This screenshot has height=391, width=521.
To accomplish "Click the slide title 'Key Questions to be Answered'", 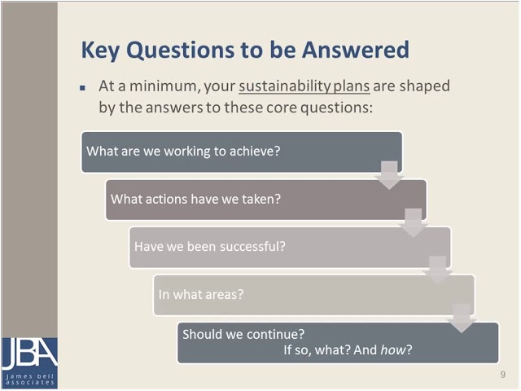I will pos(244,50).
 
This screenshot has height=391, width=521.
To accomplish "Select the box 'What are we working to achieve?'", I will pos(241,152).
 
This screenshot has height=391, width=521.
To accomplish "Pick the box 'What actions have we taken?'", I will pos(265,199).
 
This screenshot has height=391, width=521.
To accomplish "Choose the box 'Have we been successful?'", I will pos(289,247).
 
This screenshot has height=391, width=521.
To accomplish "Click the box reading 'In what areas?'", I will pos(313,294).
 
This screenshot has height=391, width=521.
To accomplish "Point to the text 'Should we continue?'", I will pos(243,334).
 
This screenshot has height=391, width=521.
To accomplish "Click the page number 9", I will pos(503,375).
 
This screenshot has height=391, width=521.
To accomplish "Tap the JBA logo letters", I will pos(28,353).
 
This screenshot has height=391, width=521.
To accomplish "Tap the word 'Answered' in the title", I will pos(356,50).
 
